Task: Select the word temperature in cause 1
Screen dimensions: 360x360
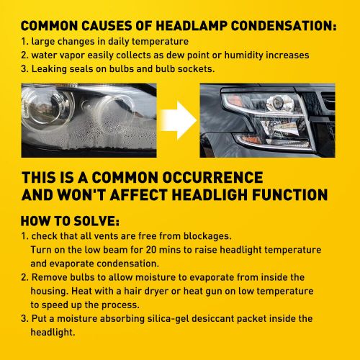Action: coord(160,42)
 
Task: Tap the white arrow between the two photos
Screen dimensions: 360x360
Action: coord(179,120)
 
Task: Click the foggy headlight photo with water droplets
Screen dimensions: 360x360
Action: coord(89,120)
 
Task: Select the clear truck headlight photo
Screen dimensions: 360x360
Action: coord(267,120)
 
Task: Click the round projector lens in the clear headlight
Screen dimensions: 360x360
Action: coord(276,102)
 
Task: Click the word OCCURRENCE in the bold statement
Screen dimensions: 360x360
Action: coord(212,178)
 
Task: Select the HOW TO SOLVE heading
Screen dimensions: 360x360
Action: coord(70,221)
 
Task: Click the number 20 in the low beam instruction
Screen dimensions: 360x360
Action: coord(151,250)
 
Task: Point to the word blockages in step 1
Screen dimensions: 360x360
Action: coord(207,236)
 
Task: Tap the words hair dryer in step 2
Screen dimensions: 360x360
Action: coord(146,292)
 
